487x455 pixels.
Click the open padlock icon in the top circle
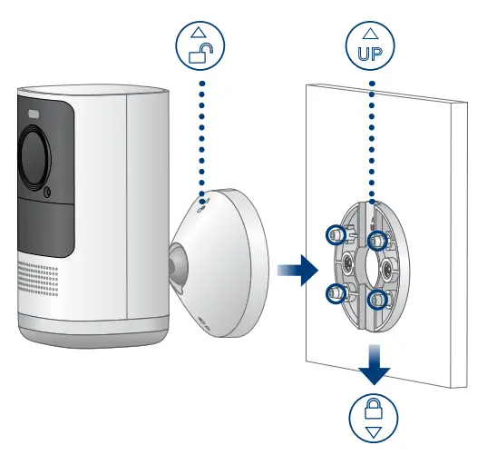click(x=197, y=54)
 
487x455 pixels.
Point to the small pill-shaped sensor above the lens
click(x=34, y=115)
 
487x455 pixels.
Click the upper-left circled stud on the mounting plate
click(x=335, y=234)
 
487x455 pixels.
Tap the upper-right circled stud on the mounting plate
click(x=376, y=238)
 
